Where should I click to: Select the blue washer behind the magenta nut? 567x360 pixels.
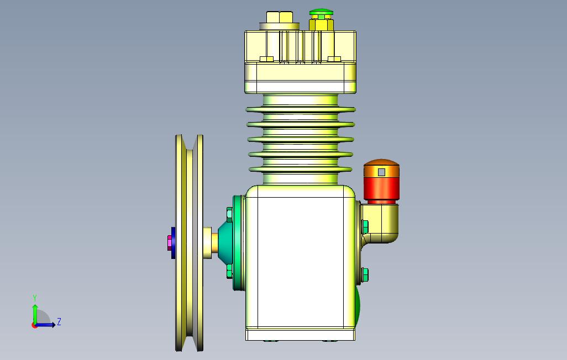coord(174,243)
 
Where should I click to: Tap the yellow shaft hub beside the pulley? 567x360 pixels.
coord(209,243)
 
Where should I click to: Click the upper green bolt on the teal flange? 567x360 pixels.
coord(229,213)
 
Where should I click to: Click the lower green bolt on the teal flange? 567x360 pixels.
coord(229,270)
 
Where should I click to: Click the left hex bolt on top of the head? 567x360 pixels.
coord(280,18)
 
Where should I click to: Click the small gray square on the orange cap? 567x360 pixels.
coord(381,172)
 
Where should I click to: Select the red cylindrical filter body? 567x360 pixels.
coord(381,188)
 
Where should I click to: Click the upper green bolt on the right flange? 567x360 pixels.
coord(365,226)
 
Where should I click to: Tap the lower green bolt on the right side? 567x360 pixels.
coord(365,273)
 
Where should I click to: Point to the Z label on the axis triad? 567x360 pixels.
coord(59,322)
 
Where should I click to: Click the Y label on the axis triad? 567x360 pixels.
coord(35,298)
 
